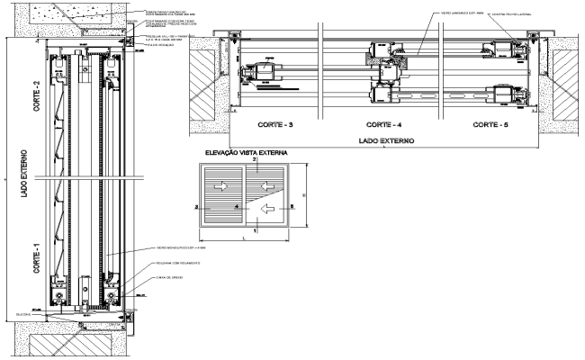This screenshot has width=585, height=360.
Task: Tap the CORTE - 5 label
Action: [491, 125]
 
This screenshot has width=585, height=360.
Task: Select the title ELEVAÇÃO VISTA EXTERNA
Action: [245, 153]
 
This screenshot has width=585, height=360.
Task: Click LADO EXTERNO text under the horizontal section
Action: [382, 140]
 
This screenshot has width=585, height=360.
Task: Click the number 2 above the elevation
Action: [255, 160]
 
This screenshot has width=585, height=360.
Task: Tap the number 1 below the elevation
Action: [255, 231]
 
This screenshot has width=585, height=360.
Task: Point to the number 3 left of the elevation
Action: [196, 206]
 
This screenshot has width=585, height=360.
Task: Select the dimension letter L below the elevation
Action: [246, 239]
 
